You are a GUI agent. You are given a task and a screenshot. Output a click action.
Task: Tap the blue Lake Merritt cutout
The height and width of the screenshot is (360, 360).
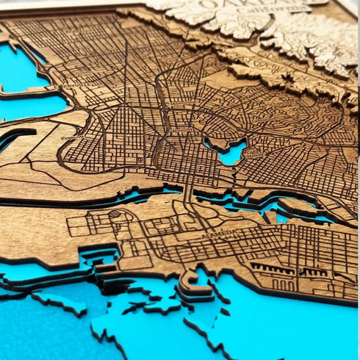(x=230, y=153)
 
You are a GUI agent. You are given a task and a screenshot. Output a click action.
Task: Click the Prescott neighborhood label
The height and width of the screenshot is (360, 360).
(x=72, y=136)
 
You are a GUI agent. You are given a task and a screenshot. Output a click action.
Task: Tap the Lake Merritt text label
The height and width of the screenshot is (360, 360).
(x=253, y=156)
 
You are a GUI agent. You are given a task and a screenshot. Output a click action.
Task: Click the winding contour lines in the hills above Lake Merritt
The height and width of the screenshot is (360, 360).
(x=279, y=110)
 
